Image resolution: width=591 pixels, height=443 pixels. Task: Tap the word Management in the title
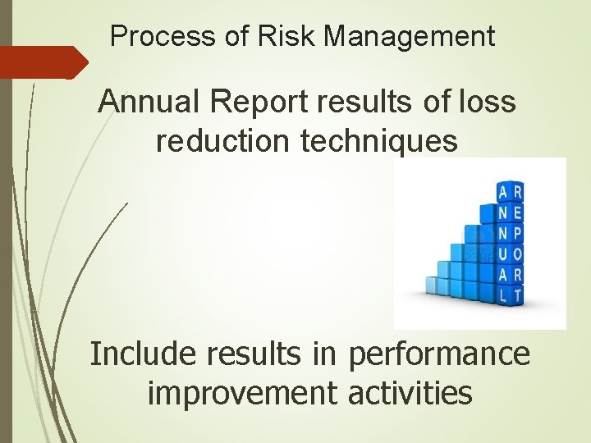coord(410,37)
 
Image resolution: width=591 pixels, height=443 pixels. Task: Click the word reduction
coord(221,140)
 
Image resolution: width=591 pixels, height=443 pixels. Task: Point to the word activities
coord(410,392)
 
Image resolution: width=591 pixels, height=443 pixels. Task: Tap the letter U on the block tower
coord(502,254)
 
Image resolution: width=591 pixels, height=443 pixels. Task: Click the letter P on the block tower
coord(517,234)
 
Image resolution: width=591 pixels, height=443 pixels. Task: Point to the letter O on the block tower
coord(517,254)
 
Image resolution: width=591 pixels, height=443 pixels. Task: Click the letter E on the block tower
coord(517,213)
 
